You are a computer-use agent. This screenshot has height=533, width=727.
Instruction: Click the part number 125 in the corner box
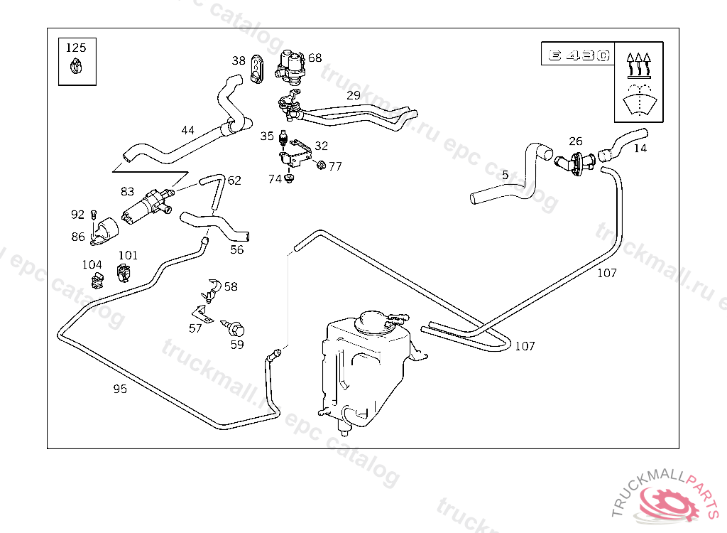coord(76,48)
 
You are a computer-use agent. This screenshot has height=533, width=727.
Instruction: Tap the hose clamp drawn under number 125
coord(76,68)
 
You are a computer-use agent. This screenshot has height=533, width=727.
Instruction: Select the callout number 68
coord(315,58)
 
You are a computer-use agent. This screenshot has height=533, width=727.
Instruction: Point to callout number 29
coord(354,95)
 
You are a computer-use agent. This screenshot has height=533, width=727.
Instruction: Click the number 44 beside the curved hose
coord(187,130)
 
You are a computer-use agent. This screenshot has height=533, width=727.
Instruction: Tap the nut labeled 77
coord(320,166)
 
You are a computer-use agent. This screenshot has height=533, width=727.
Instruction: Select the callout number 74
coord(275,179)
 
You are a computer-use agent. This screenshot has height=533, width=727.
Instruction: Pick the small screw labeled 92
coord(93,214)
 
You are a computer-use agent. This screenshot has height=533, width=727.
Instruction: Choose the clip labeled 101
coord(124,271)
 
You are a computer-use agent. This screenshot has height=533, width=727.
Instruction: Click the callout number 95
coord(121,389)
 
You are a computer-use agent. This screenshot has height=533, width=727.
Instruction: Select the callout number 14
coord(640,149)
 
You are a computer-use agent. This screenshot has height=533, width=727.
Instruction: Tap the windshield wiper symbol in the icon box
coord(641,99)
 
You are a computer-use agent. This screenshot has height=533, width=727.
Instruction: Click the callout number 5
coord(505,174)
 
